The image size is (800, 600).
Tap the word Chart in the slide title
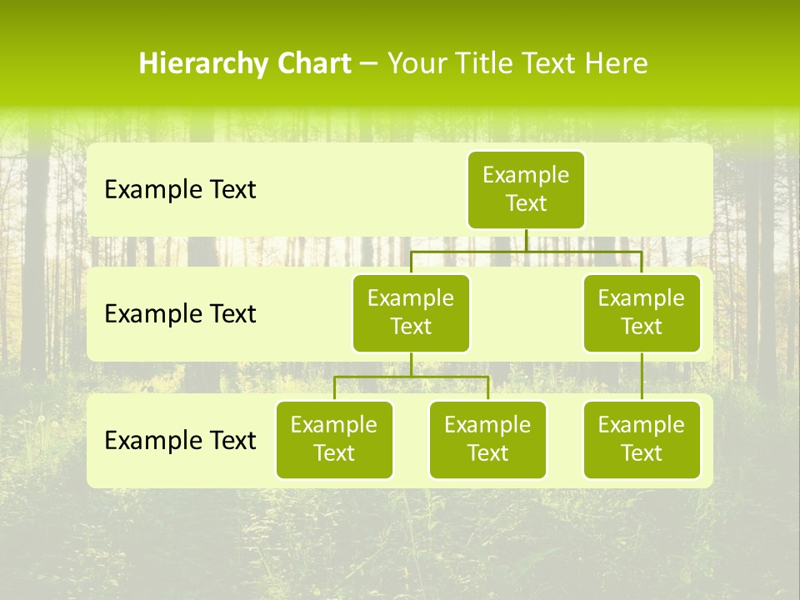[x=315, y=64]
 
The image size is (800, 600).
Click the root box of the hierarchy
[x=526, y=189]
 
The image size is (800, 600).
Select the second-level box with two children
[x=411, y=312]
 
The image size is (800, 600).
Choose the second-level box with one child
[x=642, y=312]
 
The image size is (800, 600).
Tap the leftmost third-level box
[x=334, y=439]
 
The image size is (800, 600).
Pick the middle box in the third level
[x=487, y=439]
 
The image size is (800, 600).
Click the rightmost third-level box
[x=642, y=439]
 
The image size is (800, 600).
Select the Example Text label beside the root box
[x=180, y=190]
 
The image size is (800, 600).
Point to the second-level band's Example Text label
[x=180, y=314]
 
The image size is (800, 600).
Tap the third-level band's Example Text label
[x=180, y=441]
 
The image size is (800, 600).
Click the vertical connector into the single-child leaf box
[x=642, y=377]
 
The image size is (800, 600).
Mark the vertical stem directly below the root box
[x=526, y=240]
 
